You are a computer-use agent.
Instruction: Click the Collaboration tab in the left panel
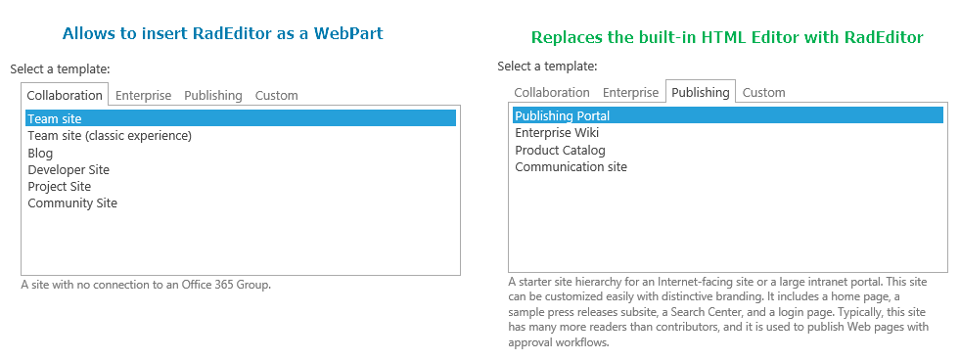[x=65, y=95]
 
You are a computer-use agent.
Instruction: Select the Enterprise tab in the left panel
[x=143, y=96]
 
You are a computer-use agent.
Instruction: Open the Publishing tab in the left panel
[x=213, y=96]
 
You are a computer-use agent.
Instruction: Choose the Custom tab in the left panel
[x=277, y=96]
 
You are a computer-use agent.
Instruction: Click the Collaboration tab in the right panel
[x=552, y=93]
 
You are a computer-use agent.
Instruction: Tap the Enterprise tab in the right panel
[x=630, y=93]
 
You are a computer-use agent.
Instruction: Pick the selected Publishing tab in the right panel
[x=701, y=92]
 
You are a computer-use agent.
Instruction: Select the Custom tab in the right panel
[x=763, y=93]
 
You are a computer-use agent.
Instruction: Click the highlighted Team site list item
[x=241, y=118]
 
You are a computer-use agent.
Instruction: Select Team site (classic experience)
[x=110, y=136]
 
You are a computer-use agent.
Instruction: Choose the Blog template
[x=40, y=153]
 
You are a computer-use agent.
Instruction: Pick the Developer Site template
[x=69, y=169]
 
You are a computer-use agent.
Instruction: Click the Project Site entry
[x=60, y=186]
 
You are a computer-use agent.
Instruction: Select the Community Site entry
[x=72, y=202]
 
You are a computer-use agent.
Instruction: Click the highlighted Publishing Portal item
[x=727, y=115]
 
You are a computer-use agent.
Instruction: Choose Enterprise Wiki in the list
[x=557, y=133]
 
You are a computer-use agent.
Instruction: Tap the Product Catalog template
[x=560, y=150]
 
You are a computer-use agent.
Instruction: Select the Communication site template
[x=571, y=166]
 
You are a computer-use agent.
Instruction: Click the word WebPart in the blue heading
[x=348, y=33]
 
